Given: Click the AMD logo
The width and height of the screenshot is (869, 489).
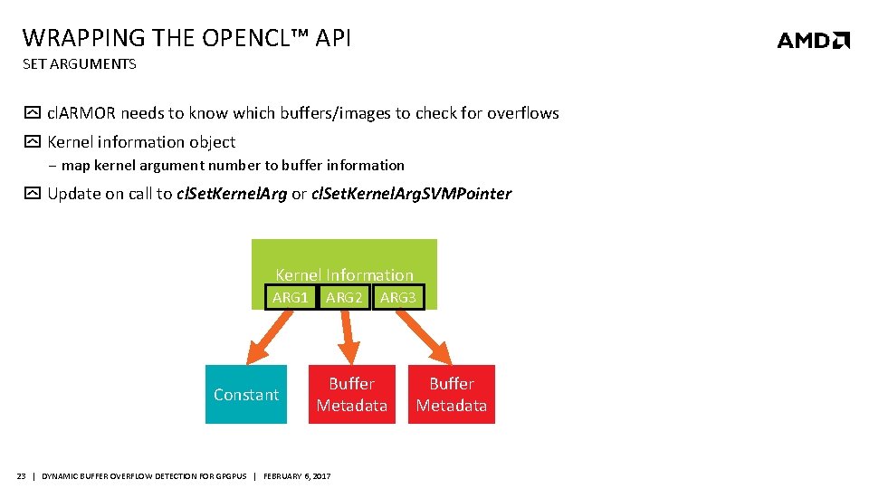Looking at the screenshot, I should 813,40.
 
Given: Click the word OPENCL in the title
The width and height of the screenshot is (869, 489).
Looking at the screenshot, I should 241,38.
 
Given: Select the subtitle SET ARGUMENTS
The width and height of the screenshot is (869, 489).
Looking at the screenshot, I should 79,64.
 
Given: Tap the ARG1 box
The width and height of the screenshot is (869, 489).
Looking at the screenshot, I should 291,297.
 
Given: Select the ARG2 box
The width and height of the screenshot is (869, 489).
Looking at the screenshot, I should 344,297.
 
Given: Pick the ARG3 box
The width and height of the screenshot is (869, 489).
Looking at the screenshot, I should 397,297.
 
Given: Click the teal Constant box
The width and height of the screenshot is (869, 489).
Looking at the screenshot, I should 246,395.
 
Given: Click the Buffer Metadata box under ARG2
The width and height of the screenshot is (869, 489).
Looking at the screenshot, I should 351,395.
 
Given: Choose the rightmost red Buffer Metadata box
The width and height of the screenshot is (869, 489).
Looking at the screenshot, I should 451,395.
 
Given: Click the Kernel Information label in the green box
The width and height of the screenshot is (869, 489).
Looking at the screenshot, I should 344,274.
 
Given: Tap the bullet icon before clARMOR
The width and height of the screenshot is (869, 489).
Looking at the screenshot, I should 32,113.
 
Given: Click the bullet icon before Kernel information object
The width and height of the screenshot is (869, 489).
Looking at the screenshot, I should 32,142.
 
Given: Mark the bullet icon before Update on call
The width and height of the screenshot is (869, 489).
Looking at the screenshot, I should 32,194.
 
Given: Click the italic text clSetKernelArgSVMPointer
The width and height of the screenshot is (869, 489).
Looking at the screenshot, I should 411,194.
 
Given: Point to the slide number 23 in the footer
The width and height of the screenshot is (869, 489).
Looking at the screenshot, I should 21,476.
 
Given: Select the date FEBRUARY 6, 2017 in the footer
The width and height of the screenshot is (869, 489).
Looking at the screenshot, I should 297,476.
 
